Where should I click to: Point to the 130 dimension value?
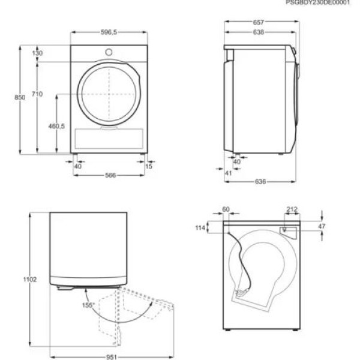coord(38,53)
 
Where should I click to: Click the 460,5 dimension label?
coord(56,126)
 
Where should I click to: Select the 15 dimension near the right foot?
coord(148,166)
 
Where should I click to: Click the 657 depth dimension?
coord(259,22)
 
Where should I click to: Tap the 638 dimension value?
coord(257,32)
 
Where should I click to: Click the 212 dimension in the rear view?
coord(292,209)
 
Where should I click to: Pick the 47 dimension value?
coord(322,226)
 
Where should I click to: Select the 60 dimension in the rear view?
coord(226,209)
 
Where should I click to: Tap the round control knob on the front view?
coord(109,51)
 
